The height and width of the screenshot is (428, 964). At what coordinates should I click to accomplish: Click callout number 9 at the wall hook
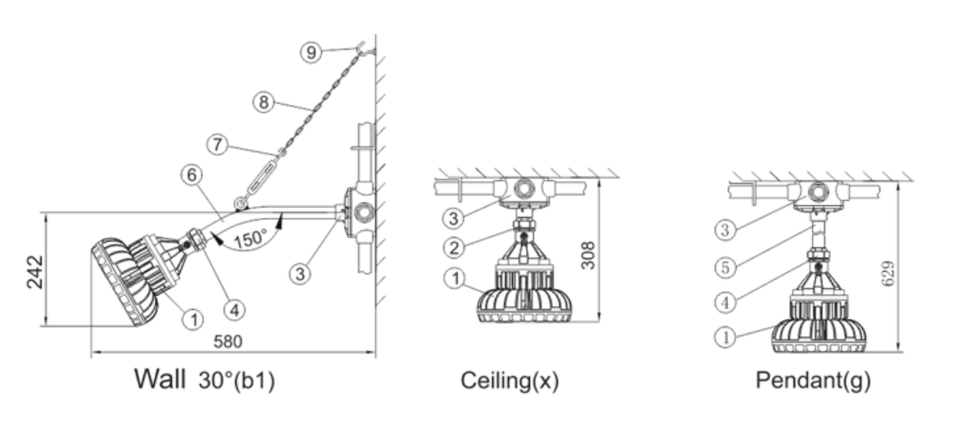coord(312,52)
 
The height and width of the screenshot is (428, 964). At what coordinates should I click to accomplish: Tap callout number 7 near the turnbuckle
coord(217,146)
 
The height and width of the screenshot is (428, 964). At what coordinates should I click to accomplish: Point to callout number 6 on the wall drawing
coord(192,175)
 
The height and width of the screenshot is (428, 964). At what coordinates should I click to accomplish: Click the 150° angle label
coord(250,238)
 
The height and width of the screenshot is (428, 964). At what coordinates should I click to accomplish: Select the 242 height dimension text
coord(35,272)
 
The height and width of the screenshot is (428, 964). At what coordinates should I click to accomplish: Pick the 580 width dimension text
coord(227,342)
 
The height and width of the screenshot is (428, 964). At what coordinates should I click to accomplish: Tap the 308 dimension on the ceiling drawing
coord(588,255)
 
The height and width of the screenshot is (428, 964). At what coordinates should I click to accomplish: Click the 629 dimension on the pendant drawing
coord(887,273)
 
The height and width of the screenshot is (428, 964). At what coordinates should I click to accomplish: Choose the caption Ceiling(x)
coord(510,381)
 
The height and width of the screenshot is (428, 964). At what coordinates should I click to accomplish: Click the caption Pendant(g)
coord(813,380)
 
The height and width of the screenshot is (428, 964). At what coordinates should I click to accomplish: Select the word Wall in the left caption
coord(160,379)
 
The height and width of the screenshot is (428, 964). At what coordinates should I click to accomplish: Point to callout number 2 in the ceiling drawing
coord(455,247)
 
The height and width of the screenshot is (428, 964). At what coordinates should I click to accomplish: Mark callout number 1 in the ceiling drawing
coord(455,278)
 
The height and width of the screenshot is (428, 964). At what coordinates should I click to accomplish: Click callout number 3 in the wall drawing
coord(300,273)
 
